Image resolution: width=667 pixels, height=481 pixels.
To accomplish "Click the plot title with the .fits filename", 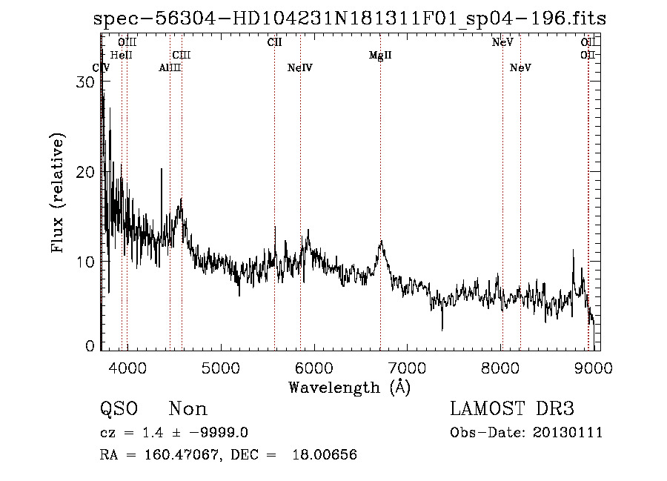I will point(350,19).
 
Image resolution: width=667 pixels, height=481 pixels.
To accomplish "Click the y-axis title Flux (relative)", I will point(58,193).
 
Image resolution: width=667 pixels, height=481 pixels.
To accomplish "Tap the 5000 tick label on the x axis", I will point(220,365).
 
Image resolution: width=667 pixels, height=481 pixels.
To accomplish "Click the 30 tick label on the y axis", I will point(86,82).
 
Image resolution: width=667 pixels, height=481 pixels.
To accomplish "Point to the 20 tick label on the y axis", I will point(86,172).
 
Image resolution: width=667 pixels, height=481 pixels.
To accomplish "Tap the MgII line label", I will point(380,56).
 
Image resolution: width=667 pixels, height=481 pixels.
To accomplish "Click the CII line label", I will point(274,42).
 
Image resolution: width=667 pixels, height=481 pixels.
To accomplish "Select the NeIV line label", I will point(300,68).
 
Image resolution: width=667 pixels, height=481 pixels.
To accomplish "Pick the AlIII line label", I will point(170,68).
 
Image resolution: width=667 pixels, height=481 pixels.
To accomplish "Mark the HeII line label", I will point(121,55).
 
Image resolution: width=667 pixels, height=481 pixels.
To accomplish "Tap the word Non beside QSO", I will point(188,409).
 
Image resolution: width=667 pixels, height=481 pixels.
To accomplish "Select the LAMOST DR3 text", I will point(512,409).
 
